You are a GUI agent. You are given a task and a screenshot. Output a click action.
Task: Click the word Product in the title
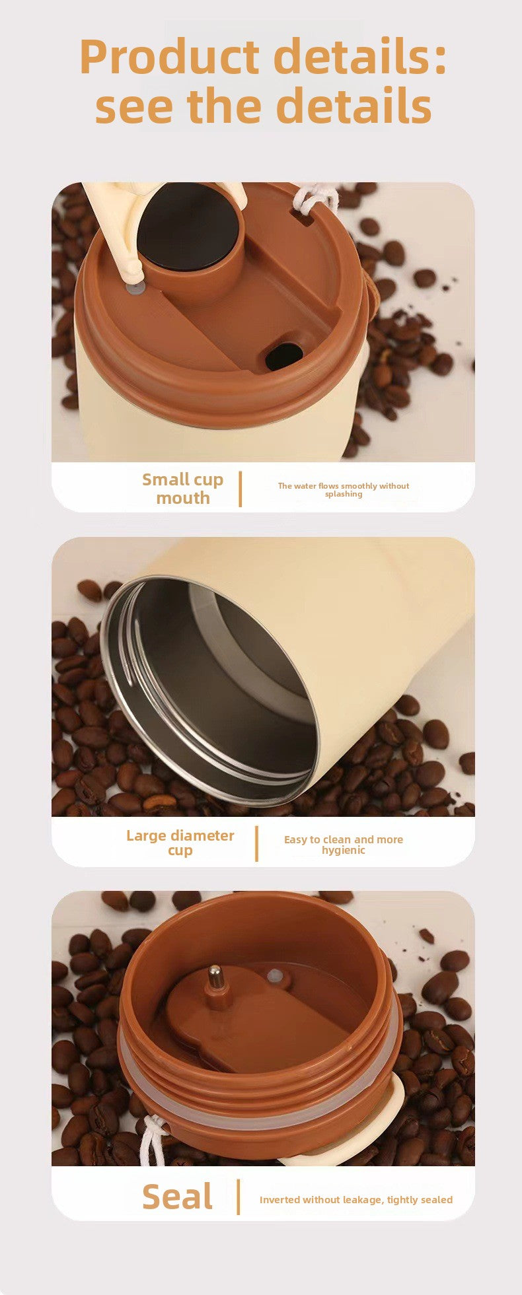point(170,57)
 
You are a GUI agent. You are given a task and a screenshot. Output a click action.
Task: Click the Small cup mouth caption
point(183,489)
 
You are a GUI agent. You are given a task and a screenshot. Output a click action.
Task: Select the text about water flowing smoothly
point(343,489)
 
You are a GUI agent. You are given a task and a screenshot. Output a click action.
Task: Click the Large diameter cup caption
point(180,843)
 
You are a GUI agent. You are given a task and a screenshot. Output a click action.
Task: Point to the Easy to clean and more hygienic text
point(343,845)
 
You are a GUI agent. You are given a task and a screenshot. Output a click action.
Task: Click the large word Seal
point(177,1197)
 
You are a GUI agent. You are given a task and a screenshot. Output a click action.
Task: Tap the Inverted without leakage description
point(355,1199)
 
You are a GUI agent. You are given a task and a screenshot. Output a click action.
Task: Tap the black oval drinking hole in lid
point(284,356)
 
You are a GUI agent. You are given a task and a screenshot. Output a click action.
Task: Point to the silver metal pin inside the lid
point(215,977)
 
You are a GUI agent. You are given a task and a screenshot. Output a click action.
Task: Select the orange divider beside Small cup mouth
point(240,489)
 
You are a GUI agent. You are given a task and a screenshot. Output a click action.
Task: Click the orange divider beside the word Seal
point(238,1197)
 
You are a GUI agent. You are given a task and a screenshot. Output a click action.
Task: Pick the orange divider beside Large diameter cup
point(256,843)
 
